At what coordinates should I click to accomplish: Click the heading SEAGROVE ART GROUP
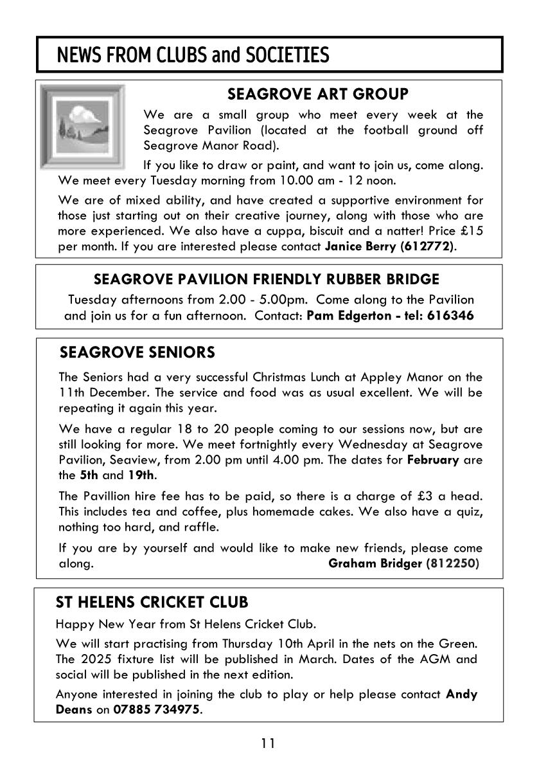click(x=317, y=95)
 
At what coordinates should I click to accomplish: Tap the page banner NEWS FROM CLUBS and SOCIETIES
click(x=193, y=55)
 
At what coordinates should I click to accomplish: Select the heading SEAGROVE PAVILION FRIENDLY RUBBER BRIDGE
click(x=267, y=280)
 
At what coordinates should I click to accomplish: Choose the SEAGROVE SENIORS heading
click(x=137, y=352)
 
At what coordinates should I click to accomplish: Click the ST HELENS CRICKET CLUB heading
click(x=152, y=603)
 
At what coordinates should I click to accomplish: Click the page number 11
click(x=268, y=744)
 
